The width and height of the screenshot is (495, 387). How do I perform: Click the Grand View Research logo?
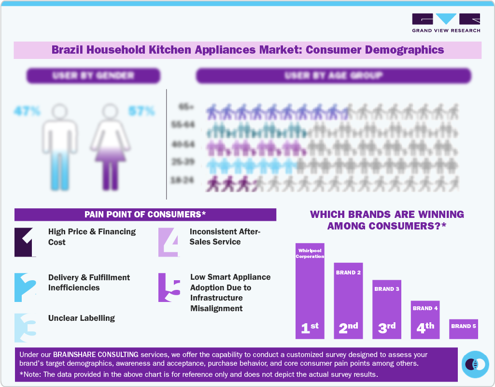click(446, 23)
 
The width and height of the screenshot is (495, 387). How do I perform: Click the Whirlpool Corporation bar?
click(310, 290)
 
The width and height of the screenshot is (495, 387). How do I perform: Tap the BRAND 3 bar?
click(387, 309)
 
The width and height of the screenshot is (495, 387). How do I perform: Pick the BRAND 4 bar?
click(425, 319)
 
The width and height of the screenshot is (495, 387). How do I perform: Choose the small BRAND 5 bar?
click(464, 329)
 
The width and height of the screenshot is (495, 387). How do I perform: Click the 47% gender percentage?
click(27, 111)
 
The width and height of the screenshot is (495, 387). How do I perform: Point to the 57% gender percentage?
click(141, 111)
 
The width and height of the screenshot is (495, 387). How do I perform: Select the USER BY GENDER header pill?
click(93, 75)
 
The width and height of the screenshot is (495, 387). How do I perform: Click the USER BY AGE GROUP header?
click(333, 75)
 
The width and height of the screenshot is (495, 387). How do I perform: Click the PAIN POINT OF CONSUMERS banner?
click(145, 215)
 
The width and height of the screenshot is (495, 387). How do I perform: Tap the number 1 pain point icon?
click(26, 242)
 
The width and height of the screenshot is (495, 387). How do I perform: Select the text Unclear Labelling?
click(82, 318)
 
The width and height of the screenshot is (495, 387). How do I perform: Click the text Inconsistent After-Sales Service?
click(225, 237)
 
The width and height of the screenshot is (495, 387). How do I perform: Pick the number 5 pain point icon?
click(169, 287)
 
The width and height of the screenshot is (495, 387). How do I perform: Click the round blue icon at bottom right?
click(475, 364)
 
